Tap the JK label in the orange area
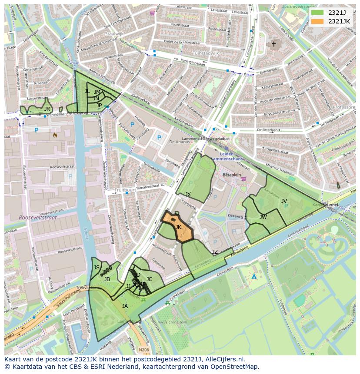[x=178, y=227]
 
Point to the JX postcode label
[x=188, y=195]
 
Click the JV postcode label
[x=284, y=201]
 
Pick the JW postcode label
[x=263, y=217]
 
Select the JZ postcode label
[x=215, y=252]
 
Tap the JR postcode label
[x=47, y=109]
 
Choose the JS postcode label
[x=97, y=267]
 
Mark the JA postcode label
[x=125, y=306]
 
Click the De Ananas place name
[x=177, y=142]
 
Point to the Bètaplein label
[x=232, y=174]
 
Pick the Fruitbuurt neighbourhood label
[x=126, y=190]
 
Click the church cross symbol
[x=273, y=44]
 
